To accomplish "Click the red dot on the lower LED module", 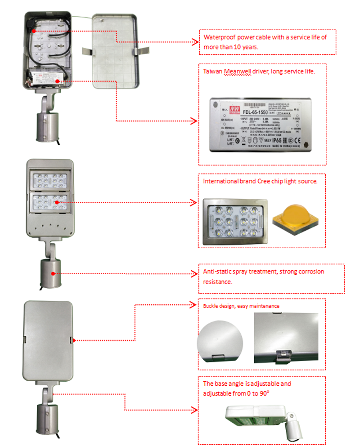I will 57,203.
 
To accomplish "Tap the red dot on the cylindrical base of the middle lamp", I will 53,273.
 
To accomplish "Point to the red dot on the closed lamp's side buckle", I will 73,340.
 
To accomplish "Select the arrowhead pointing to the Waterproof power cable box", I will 196,42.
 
